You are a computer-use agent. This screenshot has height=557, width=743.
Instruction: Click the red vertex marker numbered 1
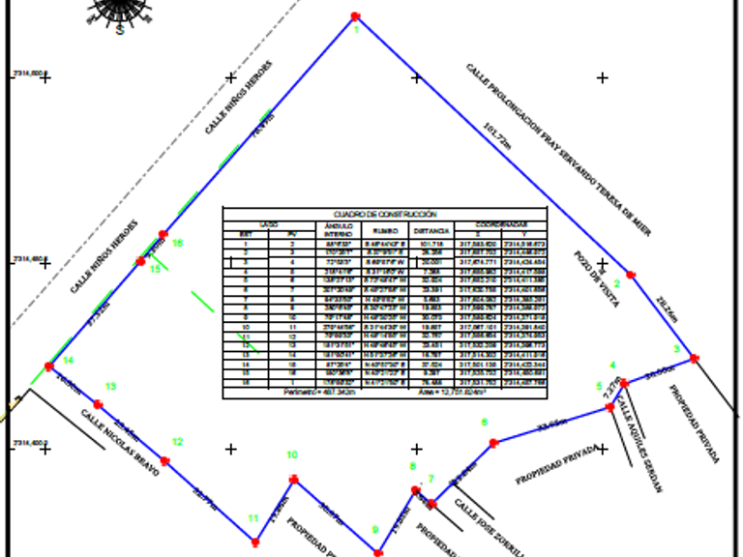(356, 16)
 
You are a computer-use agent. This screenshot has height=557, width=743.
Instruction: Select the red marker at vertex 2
(632, 276)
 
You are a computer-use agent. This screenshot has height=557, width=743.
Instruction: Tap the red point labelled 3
(695, 359)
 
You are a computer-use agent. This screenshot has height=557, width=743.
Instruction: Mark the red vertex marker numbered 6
(493, 443)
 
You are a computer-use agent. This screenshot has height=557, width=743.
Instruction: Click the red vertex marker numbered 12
(164, 461)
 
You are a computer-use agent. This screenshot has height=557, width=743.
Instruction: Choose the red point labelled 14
(48, 366)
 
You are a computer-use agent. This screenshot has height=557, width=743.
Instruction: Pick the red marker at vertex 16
(163, 235)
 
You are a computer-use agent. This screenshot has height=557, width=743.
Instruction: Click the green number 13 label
(110, 387)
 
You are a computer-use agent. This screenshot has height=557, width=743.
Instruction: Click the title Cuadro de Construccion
(385, 215)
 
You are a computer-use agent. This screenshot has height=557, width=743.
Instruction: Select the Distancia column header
(431, 231)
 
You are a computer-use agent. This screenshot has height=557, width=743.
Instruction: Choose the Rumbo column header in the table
(385, 231)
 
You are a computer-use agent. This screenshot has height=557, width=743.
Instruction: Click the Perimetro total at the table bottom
(314, 393)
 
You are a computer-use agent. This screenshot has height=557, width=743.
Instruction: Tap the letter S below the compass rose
(120, 30)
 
